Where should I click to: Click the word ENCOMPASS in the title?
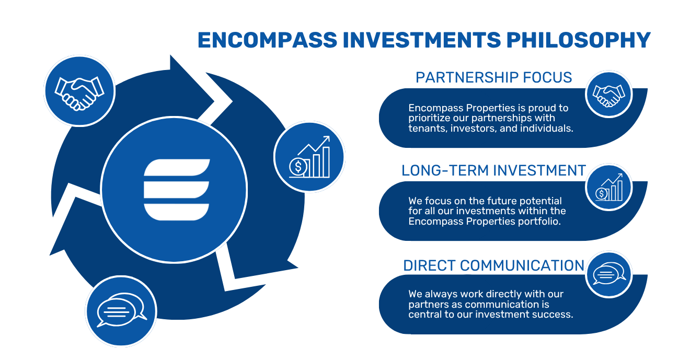pos(268,40)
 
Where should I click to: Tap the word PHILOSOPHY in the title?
pos(578,40)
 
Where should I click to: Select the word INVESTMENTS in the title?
pos(422,40)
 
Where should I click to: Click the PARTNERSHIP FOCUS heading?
pos(493,77)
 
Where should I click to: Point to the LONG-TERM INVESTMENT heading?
pos(493,170)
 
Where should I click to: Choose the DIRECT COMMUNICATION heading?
pos(493,265)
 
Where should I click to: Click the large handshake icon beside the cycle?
pos(79,94)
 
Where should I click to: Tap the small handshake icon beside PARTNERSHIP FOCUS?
pos(608,96)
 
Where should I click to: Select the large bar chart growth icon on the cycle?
pos(309,157)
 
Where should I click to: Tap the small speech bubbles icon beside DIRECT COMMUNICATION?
pos(609,273)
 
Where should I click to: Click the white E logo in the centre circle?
pos(177,190)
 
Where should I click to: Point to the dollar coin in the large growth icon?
pos(298,167)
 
